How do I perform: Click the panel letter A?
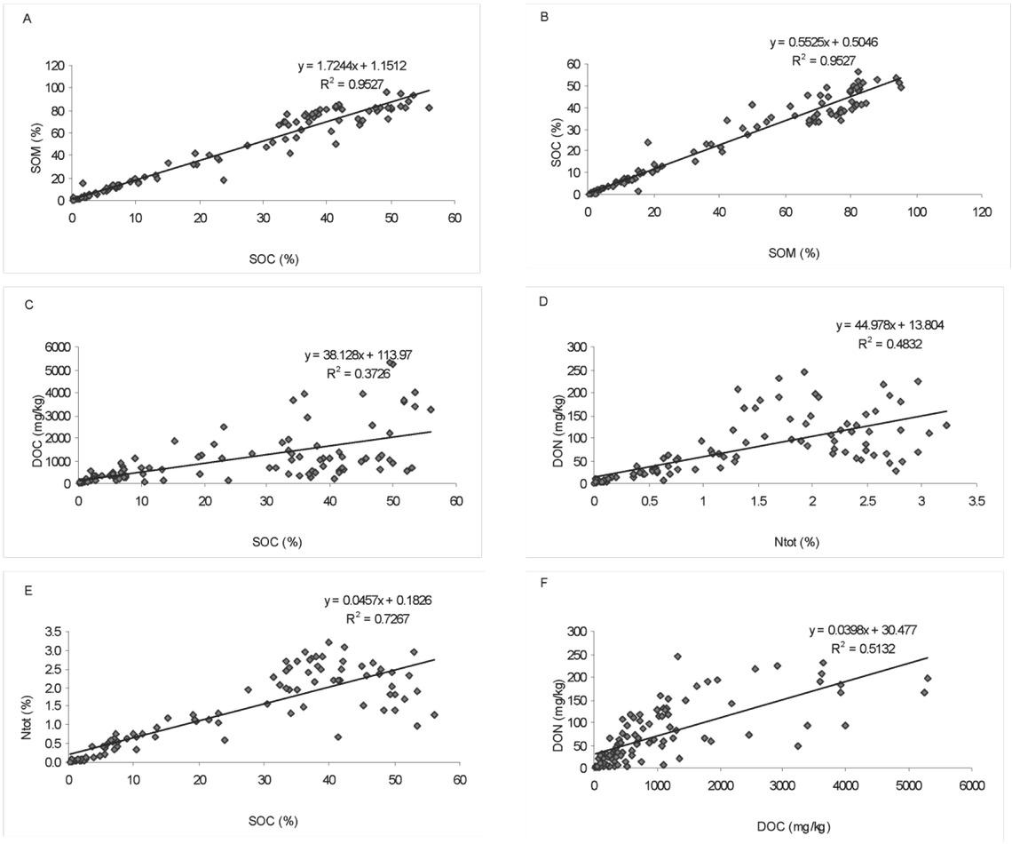point(28,20)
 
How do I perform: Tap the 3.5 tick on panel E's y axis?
point(51,631)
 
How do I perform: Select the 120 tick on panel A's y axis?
point(54,66)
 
